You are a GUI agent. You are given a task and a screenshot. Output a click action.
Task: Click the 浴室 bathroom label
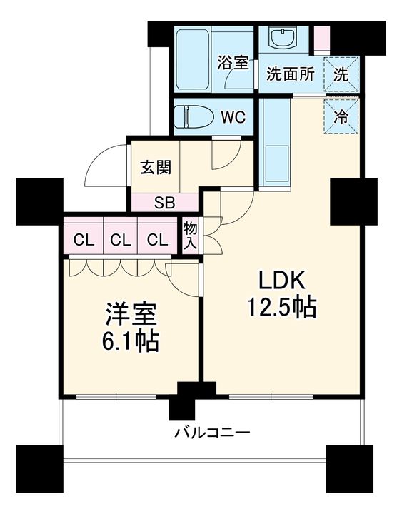[x=233, y=62]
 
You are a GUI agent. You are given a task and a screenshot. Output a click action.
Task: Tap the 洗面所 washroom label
[x=291, y=74]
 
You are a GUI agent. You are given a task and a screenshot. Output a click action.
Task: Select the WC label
[x=233, y=117]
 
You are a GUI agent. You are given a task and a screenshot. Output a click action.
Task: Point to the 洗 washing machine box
[x=341, y=74]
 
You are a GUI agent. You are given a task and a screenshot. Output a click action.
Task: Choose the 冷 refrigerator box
[x=341, y=116]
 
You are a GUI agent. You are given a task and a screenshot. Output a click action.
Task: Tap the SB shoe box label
[x=164, y=201]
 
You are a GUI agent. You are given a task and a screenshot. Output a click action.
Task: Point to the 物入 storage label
[x=191, y=235]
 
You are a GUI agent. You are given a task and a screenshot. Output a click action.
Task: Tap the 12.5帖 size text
[x=281, y=308]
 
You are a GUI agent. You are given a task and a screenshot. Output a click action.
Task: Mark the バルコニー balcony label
[x=212, y=433]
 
